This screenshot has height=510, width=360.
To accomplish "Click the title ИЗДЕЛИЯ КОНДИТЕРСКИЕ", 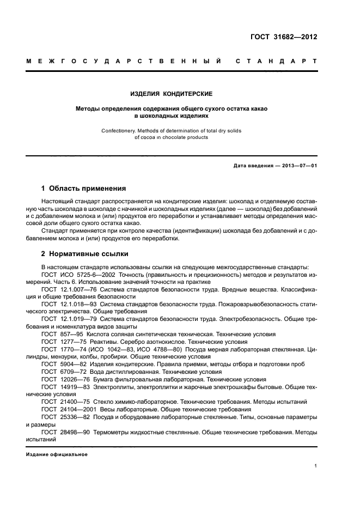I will point(171,94).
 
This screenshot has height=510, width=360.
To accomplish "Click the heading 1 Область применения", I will point(83,189).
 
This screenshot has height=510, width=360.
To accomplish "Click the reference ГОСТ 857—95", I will point(62,333).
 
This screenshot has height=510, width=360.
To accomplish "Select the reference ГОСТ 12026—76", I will point(65,379).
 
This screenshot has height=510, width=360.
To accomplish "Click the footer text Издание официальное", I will point(57,454).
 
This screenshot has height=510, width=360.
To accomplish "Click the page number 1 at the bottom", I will point(315,466).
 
